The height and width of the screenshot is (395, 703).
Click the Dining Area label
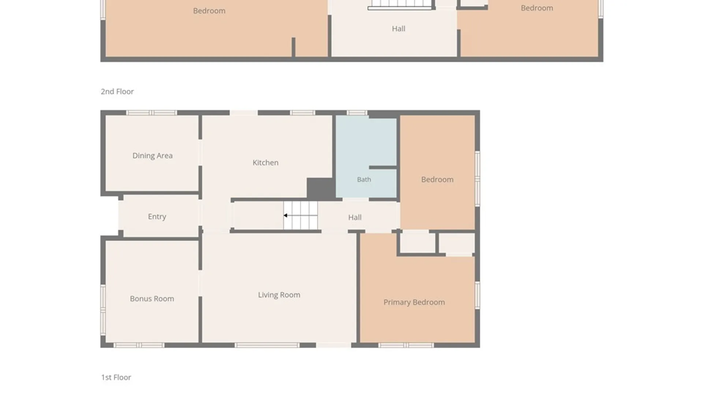152,155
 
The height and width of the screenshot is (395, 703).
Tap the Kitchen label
265,162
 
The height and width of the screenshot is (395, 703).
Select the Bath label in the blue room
364,180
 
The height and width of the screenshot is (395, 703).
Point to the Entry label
157,217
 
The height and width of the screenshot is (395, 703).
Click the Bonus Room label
152,298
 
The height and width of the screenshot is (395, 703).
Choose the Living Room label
279,295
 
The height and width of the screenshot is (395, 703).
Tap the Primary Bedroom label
414,302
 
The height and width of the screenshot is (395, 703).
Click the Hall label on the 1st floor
355,217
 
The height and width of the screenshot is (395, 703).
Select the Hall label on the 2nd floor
398,29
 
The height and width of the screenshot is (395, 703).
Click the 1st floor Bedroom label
437,180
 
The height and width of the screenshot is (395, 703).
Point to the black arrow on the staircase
285,215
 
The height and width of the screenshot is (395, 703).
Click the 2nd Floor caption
117,91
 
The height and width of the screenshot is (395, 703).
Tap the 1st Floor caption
116,377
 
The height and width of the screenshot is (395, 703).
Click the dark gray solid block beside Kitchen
321,188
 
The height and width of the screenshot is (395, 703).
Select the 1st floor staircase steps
300,215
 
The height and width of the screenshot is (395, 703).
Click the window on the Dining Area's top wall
152,113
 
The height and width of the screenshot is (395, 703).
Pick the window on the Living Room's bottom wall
267,345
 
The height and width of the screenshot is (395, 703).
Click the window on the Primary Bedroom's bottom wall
406,345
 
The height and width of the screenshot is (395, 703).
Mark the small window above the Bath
357,113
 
